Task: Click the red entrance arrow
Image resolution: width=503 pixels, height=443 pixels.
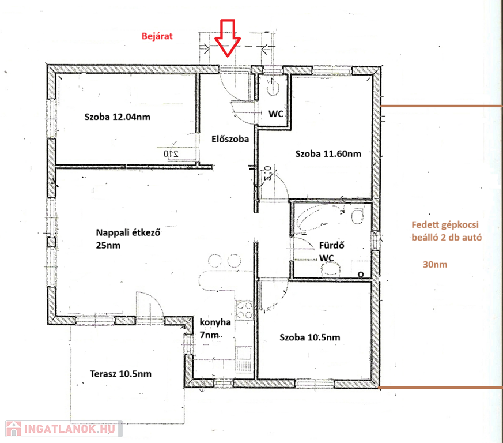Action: point(228,39)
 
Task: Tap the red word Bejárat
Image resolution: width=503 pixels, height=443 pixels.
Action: point(157,36)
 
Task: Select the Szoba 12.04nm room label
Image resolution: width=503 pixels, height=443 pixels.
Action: point(118,117)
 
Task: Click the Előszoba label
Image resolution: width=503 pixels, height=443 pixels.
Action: point(230,139)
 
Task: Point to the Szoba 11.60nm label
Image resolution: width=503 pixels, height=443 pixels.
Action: point(328,153)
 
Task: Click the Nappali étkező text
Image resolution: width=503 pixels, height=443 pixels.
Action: point(128,232)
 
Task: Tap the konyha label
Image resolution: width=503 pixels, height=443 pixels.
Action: point(215,322)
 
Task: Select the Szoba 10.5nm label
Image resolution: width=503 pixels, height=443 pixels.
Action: point(310,337)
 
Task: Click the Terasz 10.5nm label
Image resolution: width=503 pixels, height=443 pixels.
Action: point(120,374)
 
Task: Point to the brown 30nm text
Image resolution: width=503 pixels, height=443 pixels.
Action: point(435,265)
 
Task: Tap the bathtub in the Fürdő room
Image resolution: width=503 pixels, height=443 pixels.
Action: point(319,219)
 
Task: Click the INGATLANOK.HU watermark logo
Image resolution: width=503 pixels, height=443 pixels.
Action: point(64,429)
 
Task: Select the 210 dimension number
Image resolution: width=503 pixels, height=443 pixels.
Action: point(171,154)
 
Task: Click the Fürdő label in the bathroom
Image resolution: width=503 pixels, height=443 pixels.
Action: point(332,245)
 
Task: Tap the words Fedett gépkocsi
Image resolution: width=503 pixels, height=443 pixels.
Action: point(445,225)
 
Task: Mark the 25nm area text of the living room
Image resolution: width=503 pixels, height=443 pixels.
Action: point(108,245)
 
